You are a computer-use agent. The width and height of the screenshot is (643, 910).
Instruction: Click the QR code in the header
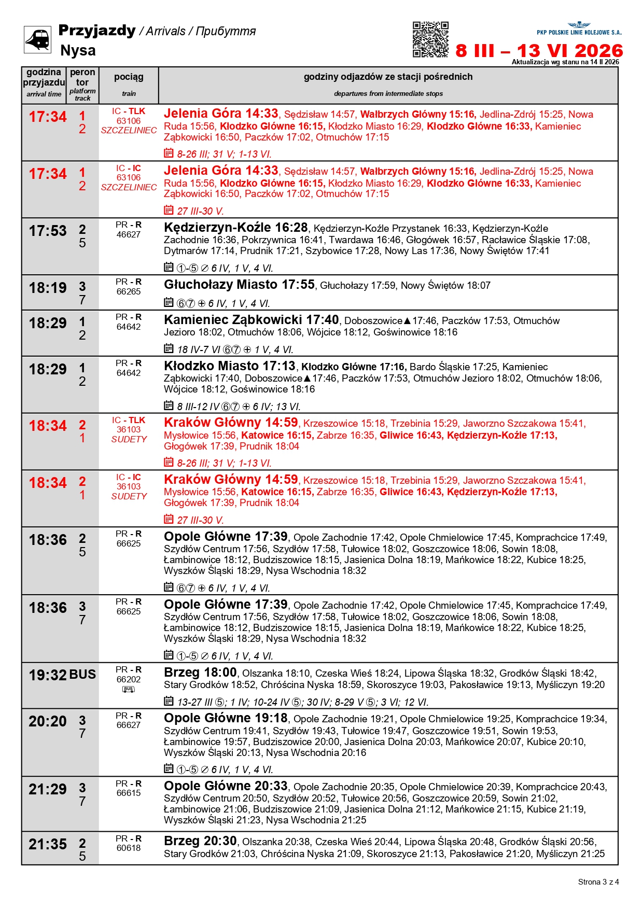pos(430,39)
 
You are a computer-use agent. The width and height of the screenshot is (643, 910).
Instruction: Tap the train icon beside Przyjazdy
pos(38,39)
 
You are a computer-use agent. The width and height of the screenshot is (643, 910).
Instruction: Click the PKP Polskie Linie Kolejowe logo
pos(579,29)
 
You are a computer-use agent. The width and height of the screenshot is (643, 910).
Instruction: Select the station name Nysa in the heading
pos(78,51)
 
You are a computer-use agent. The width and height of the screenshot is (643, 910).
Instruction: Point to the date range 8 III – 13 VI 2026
pos(539,51)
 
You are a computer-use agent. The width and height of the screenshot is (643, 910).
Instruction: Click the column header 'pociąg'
pos(129,77)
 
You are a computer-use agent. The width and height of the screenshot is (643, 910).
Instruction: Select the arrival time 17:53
pos(48,231)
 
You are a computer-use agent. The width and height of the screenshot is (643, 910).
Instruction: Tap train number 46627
pos(129,235)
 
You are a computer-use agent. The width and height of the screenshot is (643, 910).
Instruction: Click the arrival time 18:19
pos(48,288)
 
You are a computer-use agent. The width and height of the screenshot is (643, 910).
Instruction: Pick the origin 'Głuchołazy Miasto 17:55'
pos(239,285)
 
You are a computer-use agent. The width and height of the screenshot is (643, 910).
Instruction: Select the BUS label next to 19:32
pos(82,675)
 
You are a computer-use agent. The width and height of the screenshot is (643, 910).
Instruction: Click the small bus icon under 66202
pos(129,689)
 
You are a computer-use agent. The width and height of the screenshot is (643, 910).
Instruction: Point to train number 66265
pos(129,292)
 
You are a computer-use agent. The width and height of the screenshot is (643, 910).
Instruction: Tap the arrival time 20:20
pos(48,722)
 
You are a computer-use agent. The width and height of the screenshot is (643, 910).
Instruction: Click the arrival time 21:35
pos(48,845)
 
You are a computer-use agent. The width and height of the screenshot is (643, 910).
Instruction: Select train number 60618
pos(129,848)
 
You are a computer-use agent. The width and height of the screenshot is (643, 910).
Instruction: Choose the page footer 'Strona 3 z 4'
pos(598,882)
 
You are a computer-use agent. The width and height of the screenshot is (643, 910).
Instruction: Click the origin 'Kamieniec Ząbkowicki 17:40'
pos(251,320)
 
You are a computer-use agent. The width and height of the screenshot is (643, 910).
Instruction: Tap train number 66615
pos(129,793)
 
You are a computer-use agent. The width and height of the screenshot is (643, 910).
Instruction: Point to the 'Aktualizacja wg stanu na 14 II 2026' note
pos(565,62)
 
